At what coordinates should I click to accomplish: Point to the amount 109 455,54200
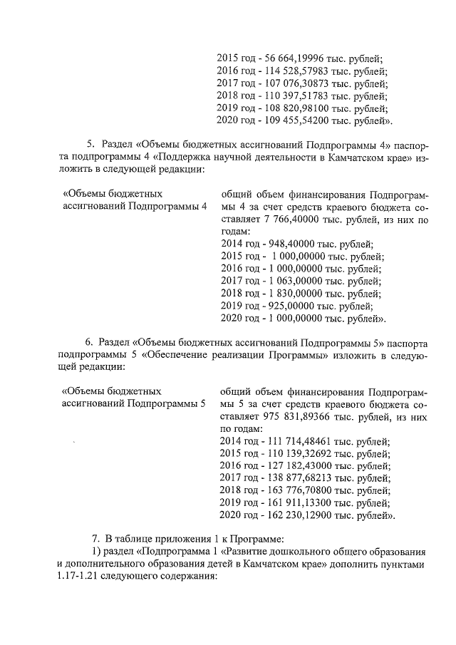(x=293, y=120)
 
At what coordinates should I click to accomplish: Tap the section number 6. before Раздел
(x=90, y=341)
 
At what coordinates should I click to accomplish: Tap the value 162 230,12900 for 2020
(x=293, y=515)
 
